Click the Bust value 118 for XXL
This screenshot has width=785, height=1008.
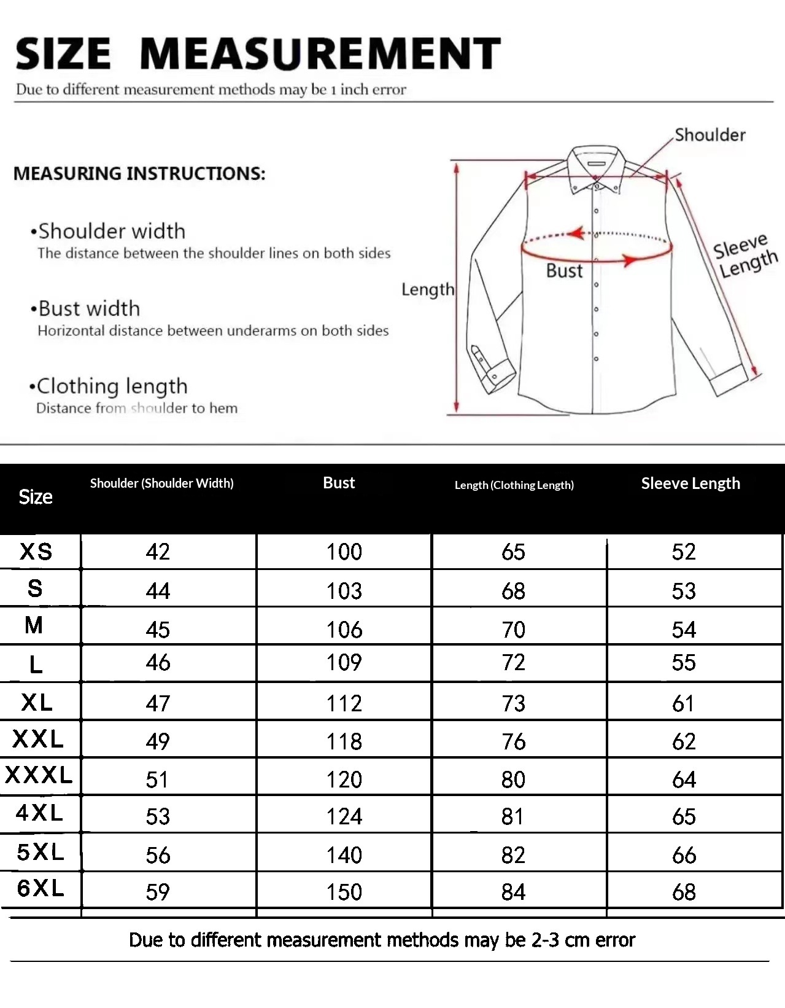tap(344, 741)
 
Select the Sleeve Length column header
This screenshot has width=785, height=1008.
tap(690, 483)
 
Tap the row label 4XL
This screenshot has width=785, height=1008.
tap(40, 813)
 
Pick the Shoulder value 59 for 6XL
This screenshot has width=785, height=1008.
tap(158, 892)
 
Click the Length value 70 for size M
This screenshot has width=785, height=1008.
tap(513, 630)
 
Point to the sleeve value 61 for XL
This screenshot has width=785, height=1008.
tap(683, 703)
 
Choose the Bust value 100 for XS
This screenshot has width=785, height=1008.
tap(344, 552)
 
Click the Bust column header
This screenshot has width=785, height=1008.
tap(339, 483)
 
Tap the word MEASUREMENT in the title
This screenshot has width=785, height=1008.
tap(320, 53)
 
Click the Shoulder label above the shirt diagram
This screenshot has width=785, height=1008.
tap(710, 135)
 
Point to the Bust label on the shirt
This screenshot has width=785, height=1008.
tap(564, 271)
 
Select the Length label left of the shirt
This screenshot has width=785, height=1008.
tap(428, 289)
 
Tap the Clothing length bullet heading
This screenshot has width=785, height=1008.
tap(112, 386)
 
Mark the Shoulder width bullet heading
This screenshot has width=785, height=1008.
tap(111, 232)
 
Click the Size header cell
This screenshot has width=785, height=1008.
tap(36, 497)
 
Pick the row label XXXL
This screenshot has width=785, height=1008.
tap(39, 775)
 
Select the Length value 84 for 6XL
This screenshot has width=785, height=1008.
tap(513, 892)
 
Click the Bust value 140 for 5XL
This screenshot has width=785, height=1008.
tap(344, 854)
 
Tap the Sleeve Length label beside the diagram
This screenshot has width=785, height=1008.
tap(744, 255)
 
